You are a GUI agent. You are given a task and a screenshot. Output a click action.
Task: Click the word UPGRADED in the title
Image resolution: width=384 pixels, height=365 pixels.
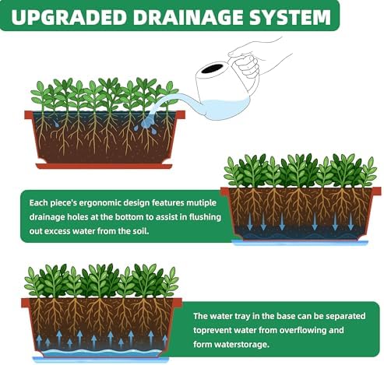pos(69,17)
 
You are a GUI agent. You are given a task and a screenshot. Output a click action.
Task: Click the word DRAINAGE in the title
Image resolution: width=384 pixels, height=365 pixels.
pos(188,17)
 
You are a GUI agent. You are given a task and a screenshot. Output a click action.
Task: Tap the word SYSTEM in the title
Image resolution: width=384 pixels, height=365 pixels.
pos(290,17)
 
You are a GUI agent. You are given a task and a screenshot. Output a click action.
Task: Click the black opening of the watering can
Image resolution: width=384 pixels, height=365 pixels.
pos(212,68)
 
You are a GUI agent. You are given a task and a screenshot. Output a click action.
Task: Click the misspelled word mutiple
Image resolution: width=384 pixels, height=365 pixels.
pos(201,203)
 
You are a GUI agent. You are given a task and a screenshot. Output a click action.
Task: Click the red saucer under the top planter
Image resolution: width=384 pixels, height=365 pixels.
pos(104,166)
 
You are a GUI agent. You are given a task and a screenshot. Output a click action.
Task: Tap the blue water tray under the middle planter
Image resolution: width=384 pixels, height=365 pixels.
pos(300,243)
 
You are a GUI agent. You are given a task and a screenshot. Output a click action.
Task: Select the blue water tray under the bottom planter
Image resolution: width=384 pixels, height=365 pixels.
pos(100,360)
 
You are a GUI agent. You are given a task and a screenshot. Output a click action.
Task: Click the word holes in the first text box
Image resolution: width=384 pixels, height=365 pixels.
pos(78,217)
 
